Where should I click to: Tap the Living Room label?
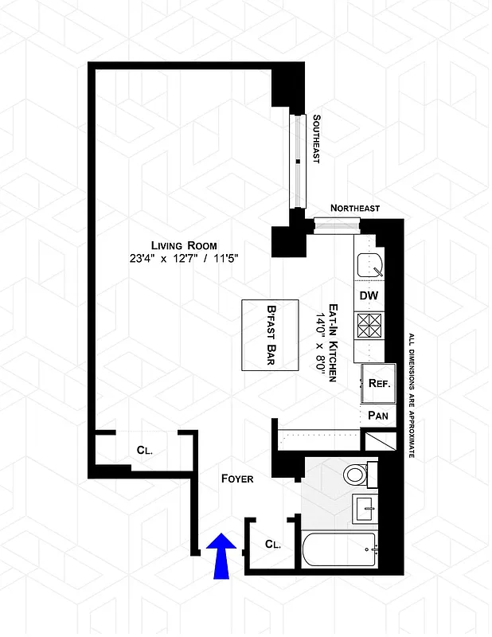pos(185,245)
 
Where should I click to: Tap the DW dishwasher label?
pos(368,295)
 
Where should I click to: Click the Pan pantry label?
pos(377,416)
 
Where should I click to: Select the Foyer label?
pos(237,479)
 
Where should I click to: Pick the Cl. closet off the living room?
pos(144,450)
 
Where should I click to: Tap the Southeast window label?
pos(316,139)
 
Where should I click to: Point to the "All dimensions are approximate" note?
pos(412,396)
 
